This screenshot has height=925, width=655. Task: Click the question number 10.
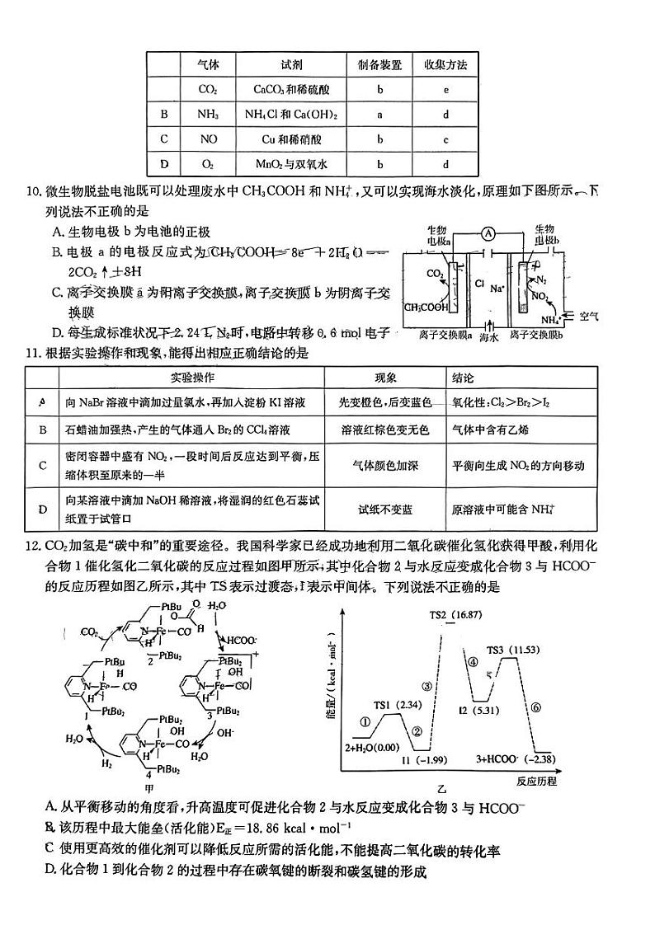34,193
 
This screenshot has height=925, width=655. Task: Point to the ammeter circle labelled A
488,233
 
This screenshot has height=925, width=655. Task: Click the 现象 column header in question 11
386,378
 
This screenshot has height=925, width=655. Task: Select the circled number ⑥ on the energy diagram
535,707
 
